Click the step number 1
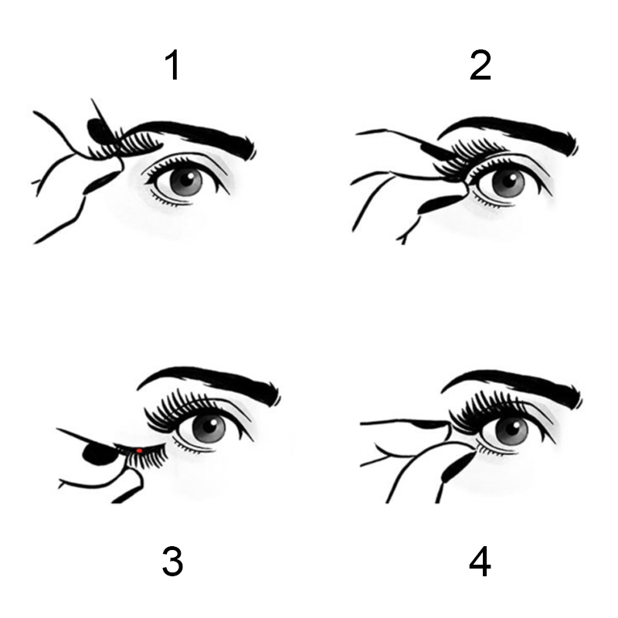coord(173,66)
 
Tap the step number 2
coord(480,66)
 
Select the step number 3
coord(172,561)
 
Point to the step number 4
coord(480,561)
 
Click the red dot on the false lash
coord(139,450)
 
